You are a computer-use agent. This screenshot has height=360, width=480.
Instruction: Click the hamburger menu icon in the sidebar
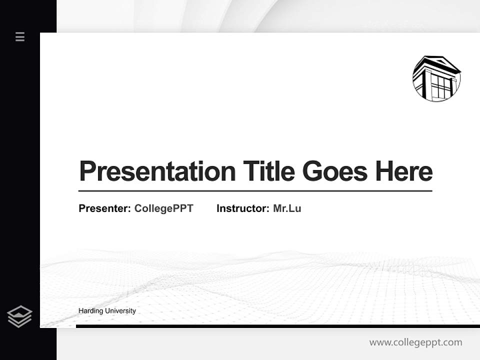pyautogui.click(x=20, y=36)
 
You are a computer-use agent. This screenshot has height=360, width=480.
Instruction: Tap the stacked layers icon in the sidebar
pyautogui.click(x=19, y=316)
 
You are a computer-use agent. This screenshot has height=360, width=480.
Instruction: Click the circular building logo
pyautogui.click(x=436, y=78)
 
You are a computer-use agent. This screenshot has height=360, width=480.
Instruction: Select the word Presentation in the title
pyautogui.click(x=157, y=171)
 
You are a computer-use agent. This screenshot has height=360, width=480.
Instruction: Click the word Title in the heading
pyautogui.click(x=269, y=171)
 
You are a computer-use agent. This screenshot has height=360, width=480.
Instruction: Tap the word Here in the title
pyautogui.click(x=404, y=171)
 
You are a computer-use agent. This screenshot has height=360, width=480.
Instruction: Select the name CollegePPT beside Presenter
pyautogui.click(x=163, y=208)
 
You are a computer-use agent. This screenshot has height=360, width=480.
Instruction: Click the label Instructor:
pyautogui.click(x=243, y=208)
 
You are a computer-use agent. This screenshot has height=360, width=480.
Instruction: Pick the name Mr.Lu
pyautogui.click(x=287, y=208)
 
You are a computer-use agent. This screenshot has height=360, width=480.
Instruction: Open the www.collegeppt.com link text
pyautogui.click(x=415, y=342)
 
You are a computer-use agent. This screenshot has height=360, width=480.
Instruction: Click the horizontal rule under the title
pyautogui.click(x=255, y=191)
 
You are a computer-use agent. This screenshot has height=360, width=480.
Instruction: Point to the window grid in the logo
pyautogui.click(x=441, y=86)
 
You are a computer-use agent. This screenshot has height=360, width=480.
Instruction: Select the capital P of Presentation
pyautogui.click(x=87, y=171)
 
